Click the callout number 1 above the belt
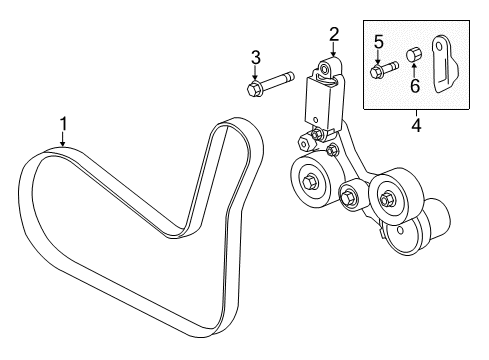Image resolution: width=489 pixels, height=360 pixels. (x=63, y=123)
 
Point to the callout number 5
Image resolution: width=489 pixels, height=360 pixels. (x=379, y=41)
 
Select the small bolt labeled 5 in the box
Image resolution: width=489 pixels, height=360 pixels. (x=383, y=70)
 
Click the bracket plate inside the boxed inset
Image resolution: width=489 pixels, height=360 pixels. (x=443, y=65)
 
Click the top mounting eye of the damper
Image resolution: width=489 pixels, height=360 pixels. (x=325, y=68)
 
